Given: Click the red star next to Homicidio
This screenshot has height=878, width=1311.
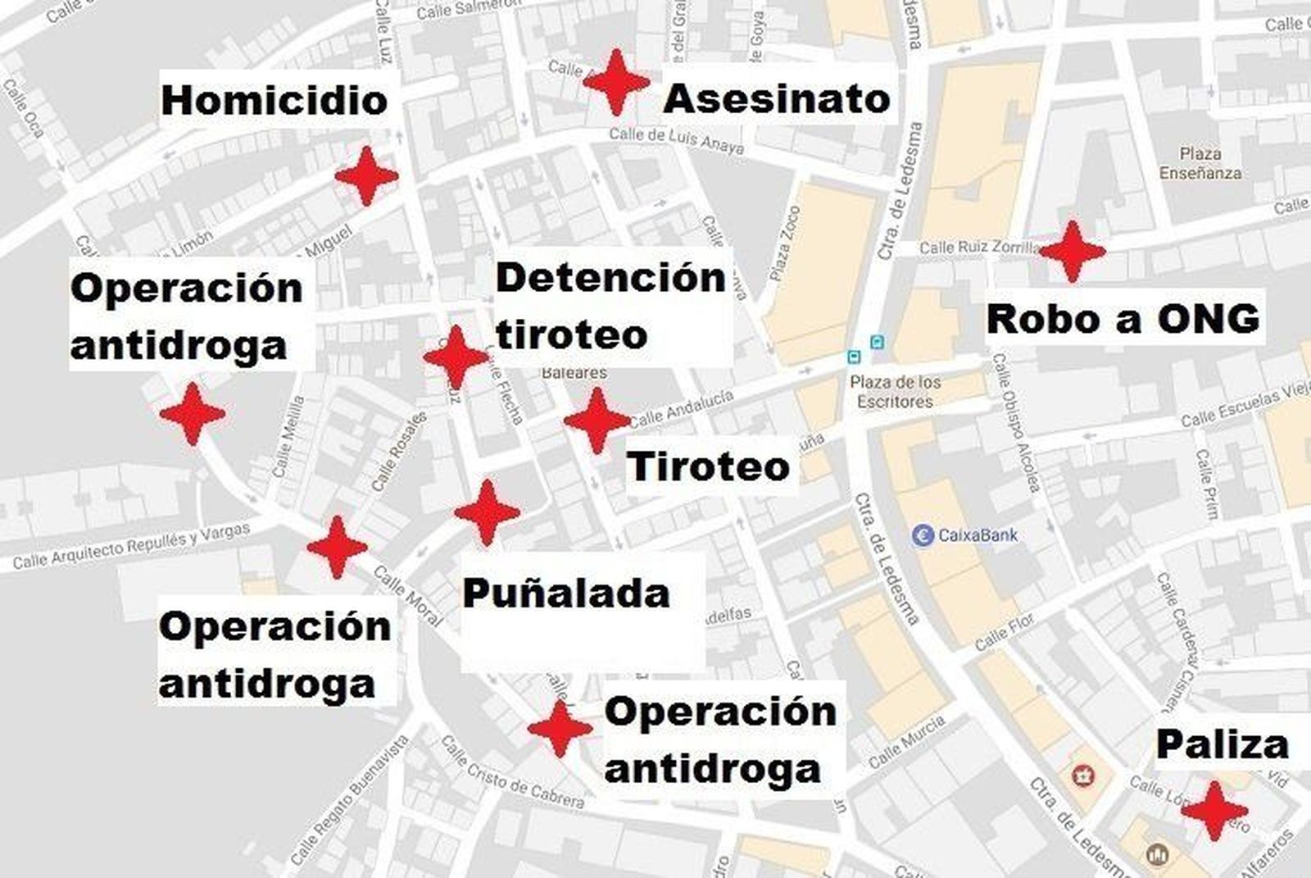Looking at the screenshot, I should (x=366, y=175).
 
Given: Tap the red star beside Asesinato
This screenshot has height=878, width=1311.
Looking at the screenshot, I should (x=616, y=82).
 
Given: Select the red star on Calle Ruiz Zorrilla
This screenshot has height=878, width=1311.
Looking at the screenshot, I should (x=1071, y=251).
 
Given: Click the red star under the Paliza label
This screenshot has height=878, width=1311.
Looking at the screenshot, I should (x=1213, y=810).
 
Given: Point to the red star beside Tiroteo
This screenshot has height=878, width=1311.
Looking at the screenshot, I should (x=597, y=420).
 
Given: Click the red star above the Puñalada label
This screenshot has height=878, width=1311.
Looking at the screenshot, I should (x=487, y=512).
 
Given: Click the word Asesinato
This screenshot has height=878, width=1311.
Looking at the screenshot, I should (x=776, y=99).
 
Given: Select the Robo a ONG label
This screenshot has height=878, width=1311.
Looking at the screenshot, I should (x=1122, y=319).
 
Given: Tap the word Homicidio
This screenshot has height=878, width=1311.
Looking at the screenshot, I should (x=274, y=101).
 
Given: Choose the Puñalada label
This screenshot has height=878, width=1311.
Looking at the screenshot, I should (x=565, y=594).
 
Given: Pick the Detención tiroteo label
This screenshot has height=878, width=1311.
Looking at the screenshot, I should (x=610, y=306).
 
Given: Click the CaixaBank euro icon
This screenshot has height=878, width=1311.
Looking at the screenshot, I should (x=923, y=535).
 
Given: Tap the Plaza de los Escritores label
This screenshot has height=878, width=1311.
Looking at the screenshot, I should (x=895, y=392).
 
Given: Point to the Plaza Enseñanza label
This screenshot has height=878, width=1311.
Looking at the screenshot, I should (x=1200, y=163).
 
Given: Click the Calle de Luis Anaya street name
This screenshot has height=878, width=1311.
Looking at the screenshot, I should (x=676, y=141).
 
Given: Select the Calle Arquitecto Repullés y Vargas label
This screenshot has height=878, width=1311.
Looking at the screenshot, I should (x=131, y=546).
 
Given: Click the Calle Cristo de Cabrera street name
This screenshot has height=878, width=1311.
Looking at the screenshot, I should (x=512, y=773).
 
